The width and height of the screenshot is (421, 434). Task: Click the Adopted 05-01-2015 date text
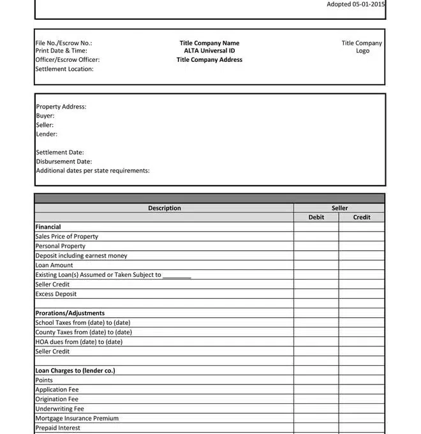click(x=356, y=4)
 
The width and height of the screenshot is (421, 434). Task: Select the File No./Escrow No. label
click(x=64, y=43)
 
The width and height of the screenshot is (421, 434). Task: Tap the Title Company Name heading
click(x=209, y=43)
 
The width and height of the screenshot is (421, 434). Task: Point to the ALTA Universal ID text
click(x=209, y=51)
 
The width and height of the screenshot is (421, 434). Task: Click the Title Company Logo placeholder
click(x=362, y=47)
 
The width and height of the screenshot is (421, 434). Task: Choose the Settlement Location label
click(x=64, y=69)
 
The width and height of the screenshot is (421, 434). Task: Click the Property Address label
click(x=61, y=107)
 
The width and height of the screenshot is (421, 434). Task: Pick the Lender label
click(x=47, y=134)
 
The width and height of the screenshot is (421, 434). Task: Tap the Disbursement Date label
click(x=64, y=161)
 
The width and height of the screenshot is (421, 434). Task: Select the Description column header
click(x=165, y=208)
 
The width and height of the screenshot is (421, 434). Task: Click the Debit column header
click(x=316, y=218)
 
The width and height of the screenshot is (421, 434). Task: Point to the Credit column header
click(x=362, y=218)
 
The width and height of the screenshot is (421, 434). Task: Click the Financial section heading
click(x=48, y=227)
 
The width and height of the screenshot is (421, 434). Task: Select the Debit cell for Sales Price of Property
click(x=316, y=236)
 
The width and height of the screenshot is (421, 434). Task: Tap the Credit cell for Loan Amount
click(x=362, y=265)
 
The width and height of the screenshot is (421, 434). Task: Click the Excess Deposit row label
click(x=56, y=294)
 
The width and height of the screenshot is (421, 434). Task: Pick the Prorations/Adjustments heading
click(x=70, y=313)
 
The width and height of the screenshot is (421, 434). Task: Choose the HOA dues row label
click(x=78, y=341)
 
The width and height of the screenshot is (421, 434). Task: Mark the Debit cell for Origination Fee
click(x=316, y=399)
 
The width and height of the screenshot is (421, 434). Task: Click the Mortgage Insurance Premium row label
click(x=77, y=418)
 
